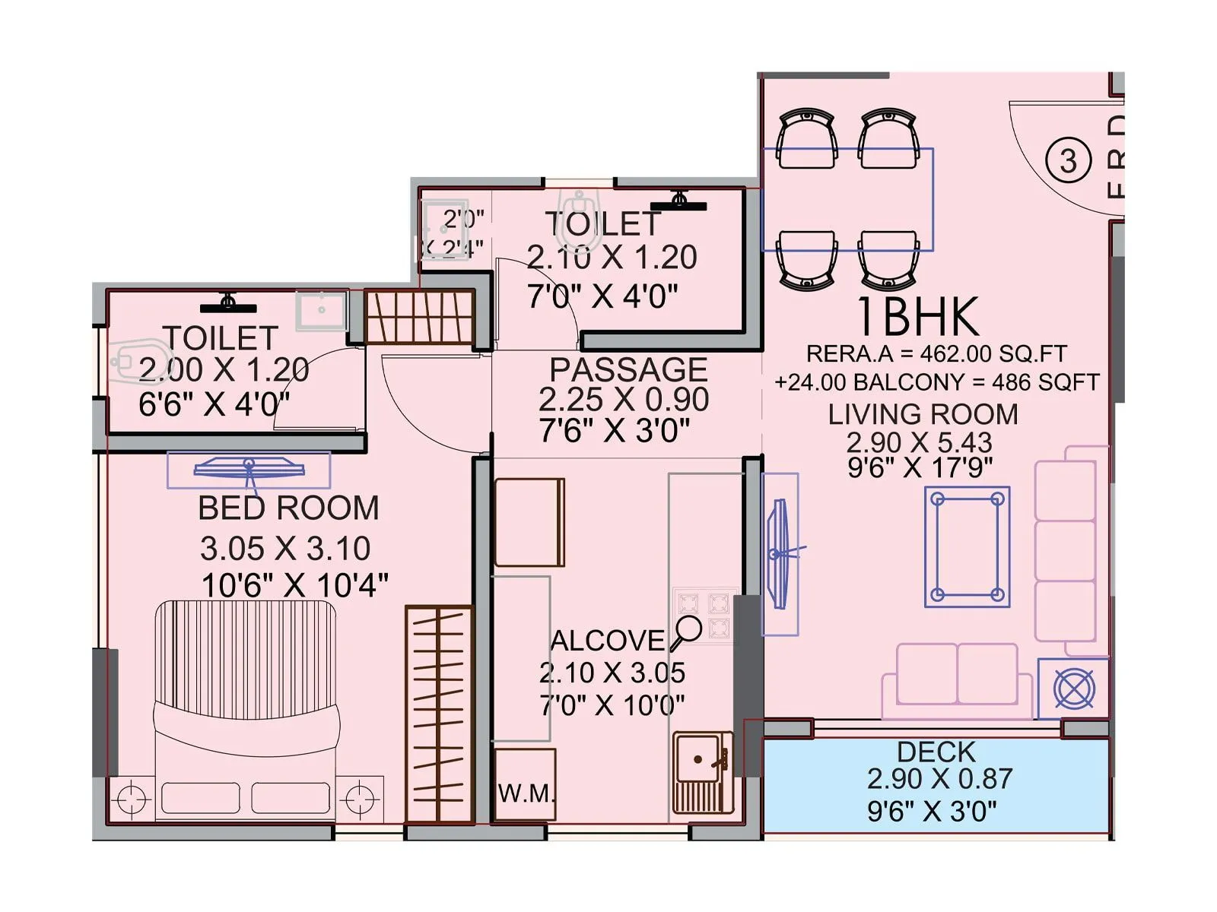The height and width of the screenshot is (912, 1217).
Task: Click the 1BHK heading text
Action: click(x=918, y=317)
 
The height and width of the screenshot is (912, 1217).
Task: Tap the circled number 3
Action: click(x=1068, y=161)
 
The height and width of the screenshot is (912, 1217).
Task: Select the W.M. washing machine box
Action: click(x=525, y=784)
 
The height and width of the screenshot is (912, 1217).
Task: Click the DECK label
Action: click(x=936, y=752)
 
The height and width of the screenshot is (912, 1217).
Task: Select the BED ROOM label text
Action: click(x=288, y=508)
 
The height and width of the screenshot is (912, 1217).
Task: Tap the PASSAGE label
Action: click(x=628, y=370)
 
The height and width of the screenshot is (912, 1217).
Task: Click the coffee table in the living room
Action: click(x=968, y=546)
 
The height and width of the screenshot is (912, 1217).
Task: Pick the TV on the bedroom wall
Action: click(x=249, y=468)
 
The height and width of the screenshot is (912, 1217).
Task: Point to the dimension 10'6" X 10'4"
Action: click(x=294, y=586)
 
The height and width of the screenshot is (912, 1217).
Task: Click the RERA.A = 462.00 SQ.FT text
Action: click(x=936, y=353)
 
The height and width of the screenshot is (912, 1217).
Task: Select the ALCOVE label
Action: click(x=607, y=641)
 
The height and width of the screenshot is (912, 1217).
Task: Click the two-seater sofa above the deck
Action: click(x=957, y=675)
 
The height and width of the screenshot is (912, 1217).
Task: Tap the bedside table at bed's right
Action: click(x=359, y=799)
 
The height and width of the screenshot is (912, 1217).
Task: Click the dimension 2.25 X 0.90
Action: click(x=624, y=400)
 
